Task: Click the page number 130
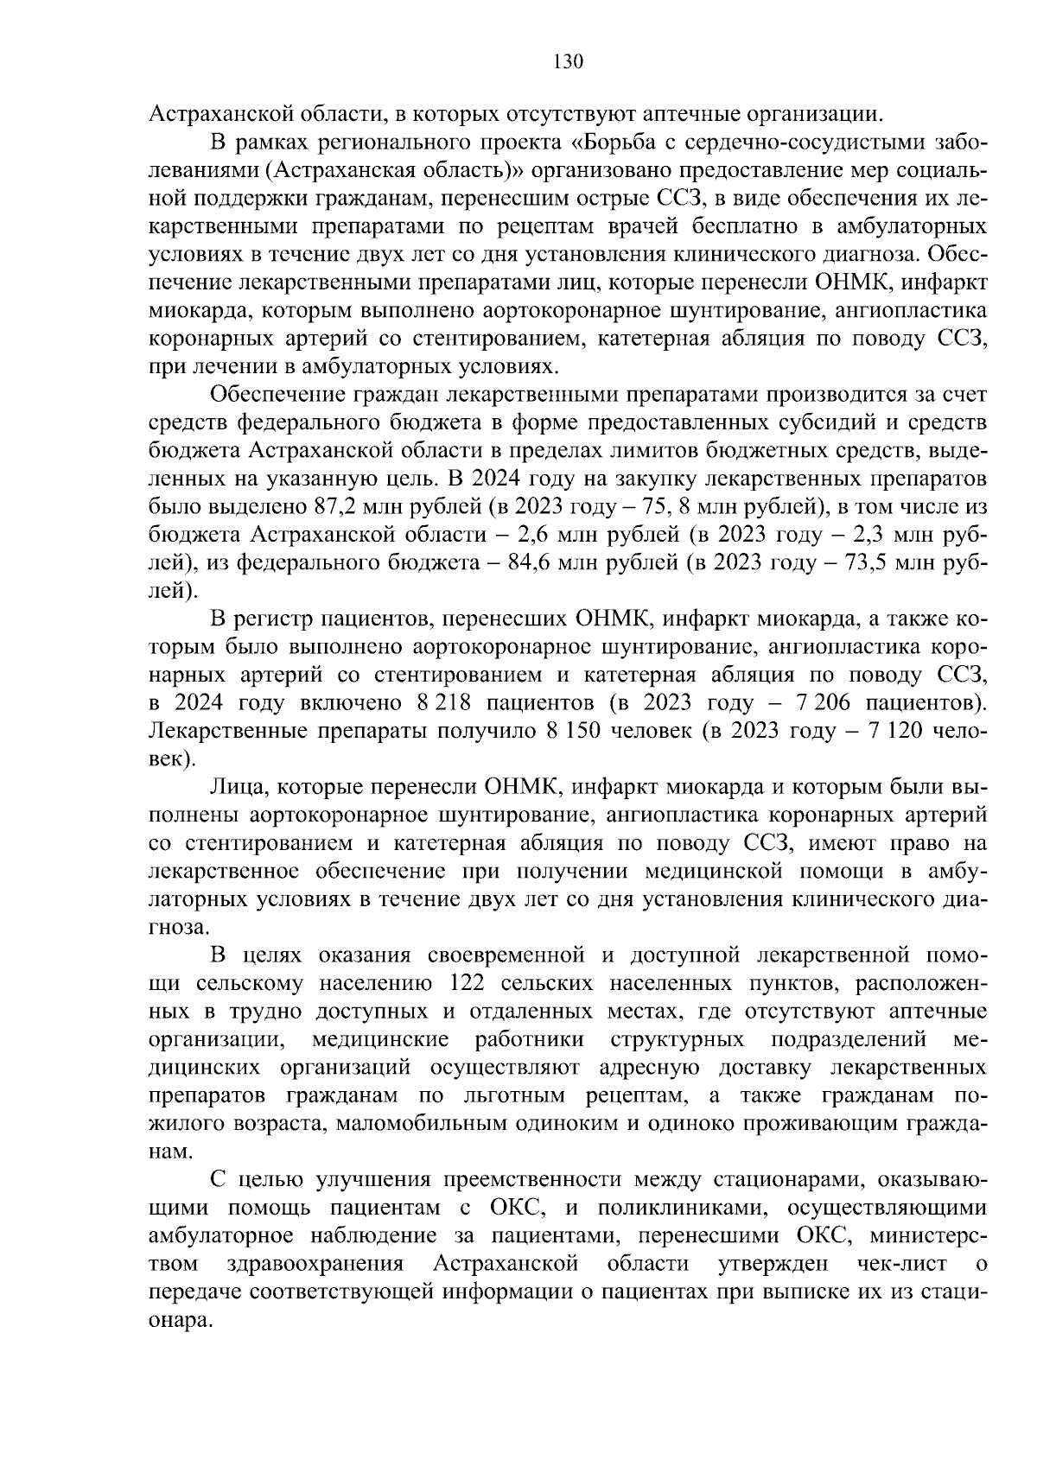pyautogui.click(x=568, y=61)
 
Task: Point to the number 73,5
pyautogui.click(x=875, y=563)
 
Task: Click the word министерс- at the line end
pyautogui.click(x=928, y=1237)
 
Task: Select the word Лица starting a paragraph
pyautogui.click(x=237, y=787)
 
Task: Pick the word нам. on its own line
pyautogui.click(x=172, y=1153)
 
